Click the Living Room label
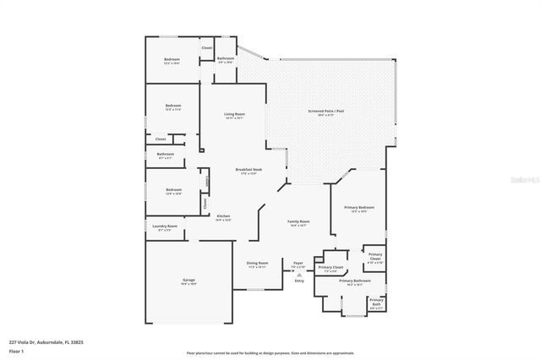(x=234, y=114)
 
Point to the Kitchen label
(x=224, y=216)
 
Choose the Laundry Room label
(x=165, y=226)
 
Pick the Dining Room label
(x=257, y=263)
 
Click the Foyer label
(x=298, y=263)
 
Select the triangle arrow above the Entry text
(x=299, y=275)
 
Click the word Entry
(x=299, y=281)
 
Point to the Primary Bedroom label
(x=359, y=207)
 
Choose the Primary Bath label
(x=376, y=301)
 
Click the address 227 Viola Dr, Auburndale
(x=46, y=342)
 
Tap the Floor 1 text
(x=16, y=351)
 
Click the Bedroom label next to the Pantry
(x=173, y=190)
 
